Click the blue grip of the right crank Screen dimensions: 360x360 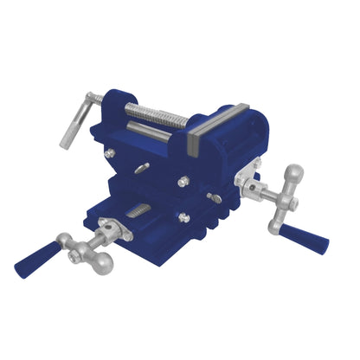pyautogui.click(x=306, y=239)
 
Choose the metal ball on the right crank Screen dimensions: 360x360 pyautogui.click(x=295, y=174)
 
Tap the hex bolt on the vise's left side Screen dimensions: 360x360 pyautogui.click(x=110, y=153)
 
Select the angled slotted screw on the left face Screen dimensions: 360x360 pyautogui.click(x=139, y=168)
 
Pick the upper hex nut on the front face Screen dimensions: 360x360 pyautogui.click(x=183, y=182)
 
